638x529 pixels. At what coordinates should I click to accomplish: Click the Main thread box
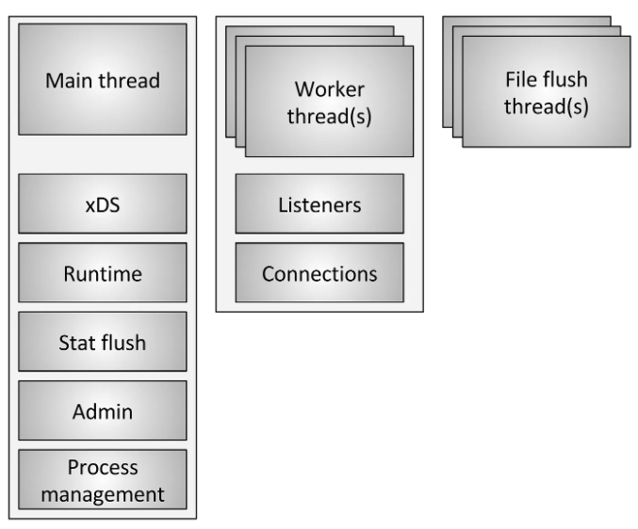[x=103, y=80]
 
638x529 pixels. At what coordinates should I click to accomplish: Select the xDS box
[x=103, y=206]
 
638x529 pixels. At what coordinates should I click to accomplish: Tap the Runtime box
[x=103, y=275]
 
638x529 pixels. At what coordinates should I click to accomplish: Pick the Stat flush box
[x=103, y=343]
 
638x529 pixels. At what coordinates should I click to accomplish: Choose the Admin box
[x=103, y=410]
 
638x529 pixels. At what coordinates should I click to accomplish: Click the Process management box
[x=103, y=479]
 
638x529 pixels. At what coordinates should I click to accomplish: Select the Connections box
[x=319, y=274]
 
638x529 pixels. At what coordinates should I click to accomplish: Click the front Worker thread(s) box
[x=329, y=101]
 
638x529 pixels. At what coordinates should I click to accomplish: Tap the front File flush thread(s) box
[x=547, y=93]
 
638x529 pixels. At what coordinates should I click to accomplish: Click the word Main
[x=69, y=80]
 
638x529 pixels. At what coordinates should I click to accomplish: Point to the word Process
[x=103, y=468]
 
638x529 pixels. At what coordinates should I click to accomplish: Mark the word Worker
[x=329, y=89]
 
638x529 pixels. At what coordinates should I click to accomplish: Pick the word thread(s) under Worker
[x=329, y=114]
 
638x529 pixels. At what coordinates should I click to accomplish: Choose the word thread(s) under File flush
[x=547, y=106]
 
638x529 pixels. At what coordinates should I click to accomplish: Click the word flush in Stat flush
[x=123, y=343]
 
